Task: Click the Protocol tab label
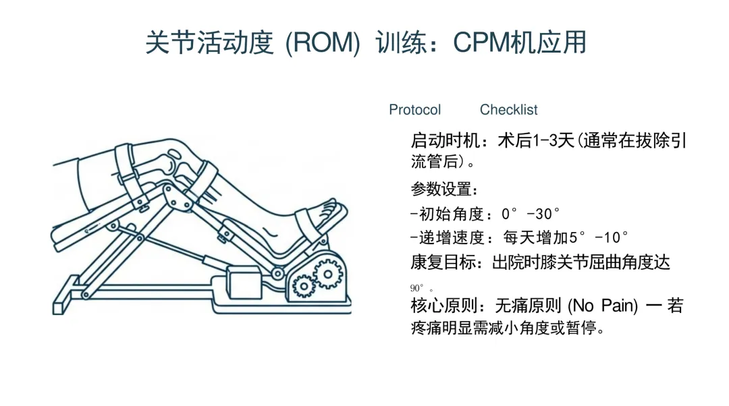pyautogui.click(x=414, y=110)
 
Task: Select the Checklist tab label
pyautogui.click(x=508, y=110)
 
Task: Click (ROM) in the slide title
pyautogui.click(x=323, y=43)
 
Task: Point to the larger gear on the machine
pyautogui.click(x=328, y=274)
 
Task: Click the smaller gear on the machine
pyautogui.click(x=304, y=287)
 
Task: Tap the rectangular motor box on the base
pyautogui.click(x=244, y=283)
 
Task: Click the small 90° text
pyautogui.click(x=417, y=289)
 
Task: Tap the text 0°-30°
pyautogui.click(x=531, y=214)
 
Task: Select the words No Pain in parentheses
pyautogui.click(x=603, y=306)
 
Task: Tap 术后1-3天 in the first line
pyautogui.click(x=536, y=141)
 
